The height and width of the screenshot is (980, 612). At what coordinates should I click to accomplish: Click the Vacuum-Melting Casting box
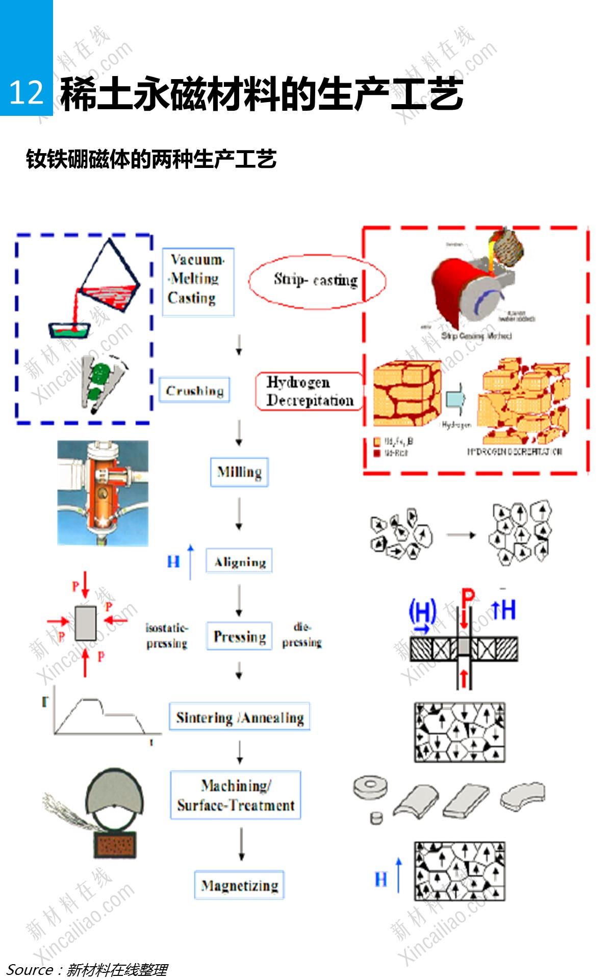pyautogui.click(x=198, y=282)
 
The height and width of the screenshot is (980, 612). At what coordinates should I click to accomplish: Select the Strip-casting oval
pyautogui.click(x=317, y=280)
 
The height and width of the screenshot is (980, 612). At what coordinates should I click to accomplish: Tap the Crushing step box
pyautogui.click(x=194, y=390)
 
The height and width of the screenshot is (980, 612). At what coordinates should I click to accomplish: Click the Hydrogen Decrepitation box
pyautogui.click(x=309, y=391)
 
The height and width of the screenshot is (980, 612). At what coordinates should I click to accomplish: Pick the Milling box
pyautogui.click(x=239, y=472)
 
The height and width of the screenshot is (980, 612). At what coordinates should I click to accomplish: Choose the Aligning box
pyautogui.click(x=239, y=561)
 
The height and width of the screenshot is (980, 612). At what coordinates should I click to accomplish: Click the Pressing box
pyautogui.click(x=239, y=636)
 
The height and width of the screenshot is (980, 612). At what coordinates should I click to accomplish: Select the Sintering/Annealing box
pyautogui.click(x=240, y=717)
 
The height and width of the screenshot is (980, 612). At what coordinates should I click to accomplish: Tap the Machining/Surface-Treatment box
pyautogui.click(x=236, y=795)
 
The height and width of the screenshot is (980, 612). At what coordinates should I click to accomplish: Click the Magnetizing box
pyautogui.click(x=239, y=885)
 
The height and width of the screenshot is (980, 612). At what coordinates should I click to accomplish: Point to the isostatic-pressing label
pyautogui.click(x=167, y=635)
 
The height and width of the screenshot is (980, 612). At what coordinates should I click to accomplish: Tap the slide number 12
pyautogui.click(x=26, y=93)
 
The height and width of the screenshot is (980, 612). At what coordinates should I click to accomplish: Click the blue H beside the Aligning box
pyautogui.click(x=173, y=562)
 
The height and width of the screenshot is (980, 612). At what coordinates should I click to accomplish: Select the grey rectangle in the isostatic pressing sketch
pyautogui.click(x=85, y=623)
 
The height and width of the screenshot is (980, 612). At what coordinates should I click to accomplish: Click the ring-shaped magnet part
pyautogui.click(x=370, y=787)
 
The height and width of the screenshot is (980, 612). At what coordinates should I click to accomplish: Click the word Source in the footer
pyautogui.click(x=30, y=969)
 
